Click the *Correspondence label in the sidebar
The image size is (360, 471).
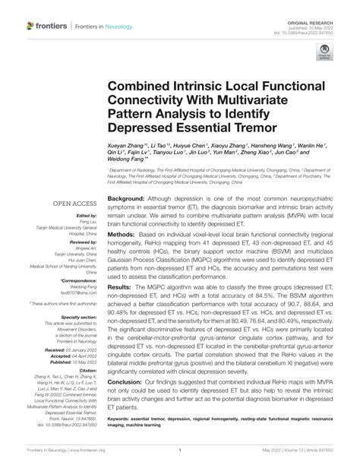79,280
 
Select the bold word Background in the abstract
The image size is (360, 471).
126,198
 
